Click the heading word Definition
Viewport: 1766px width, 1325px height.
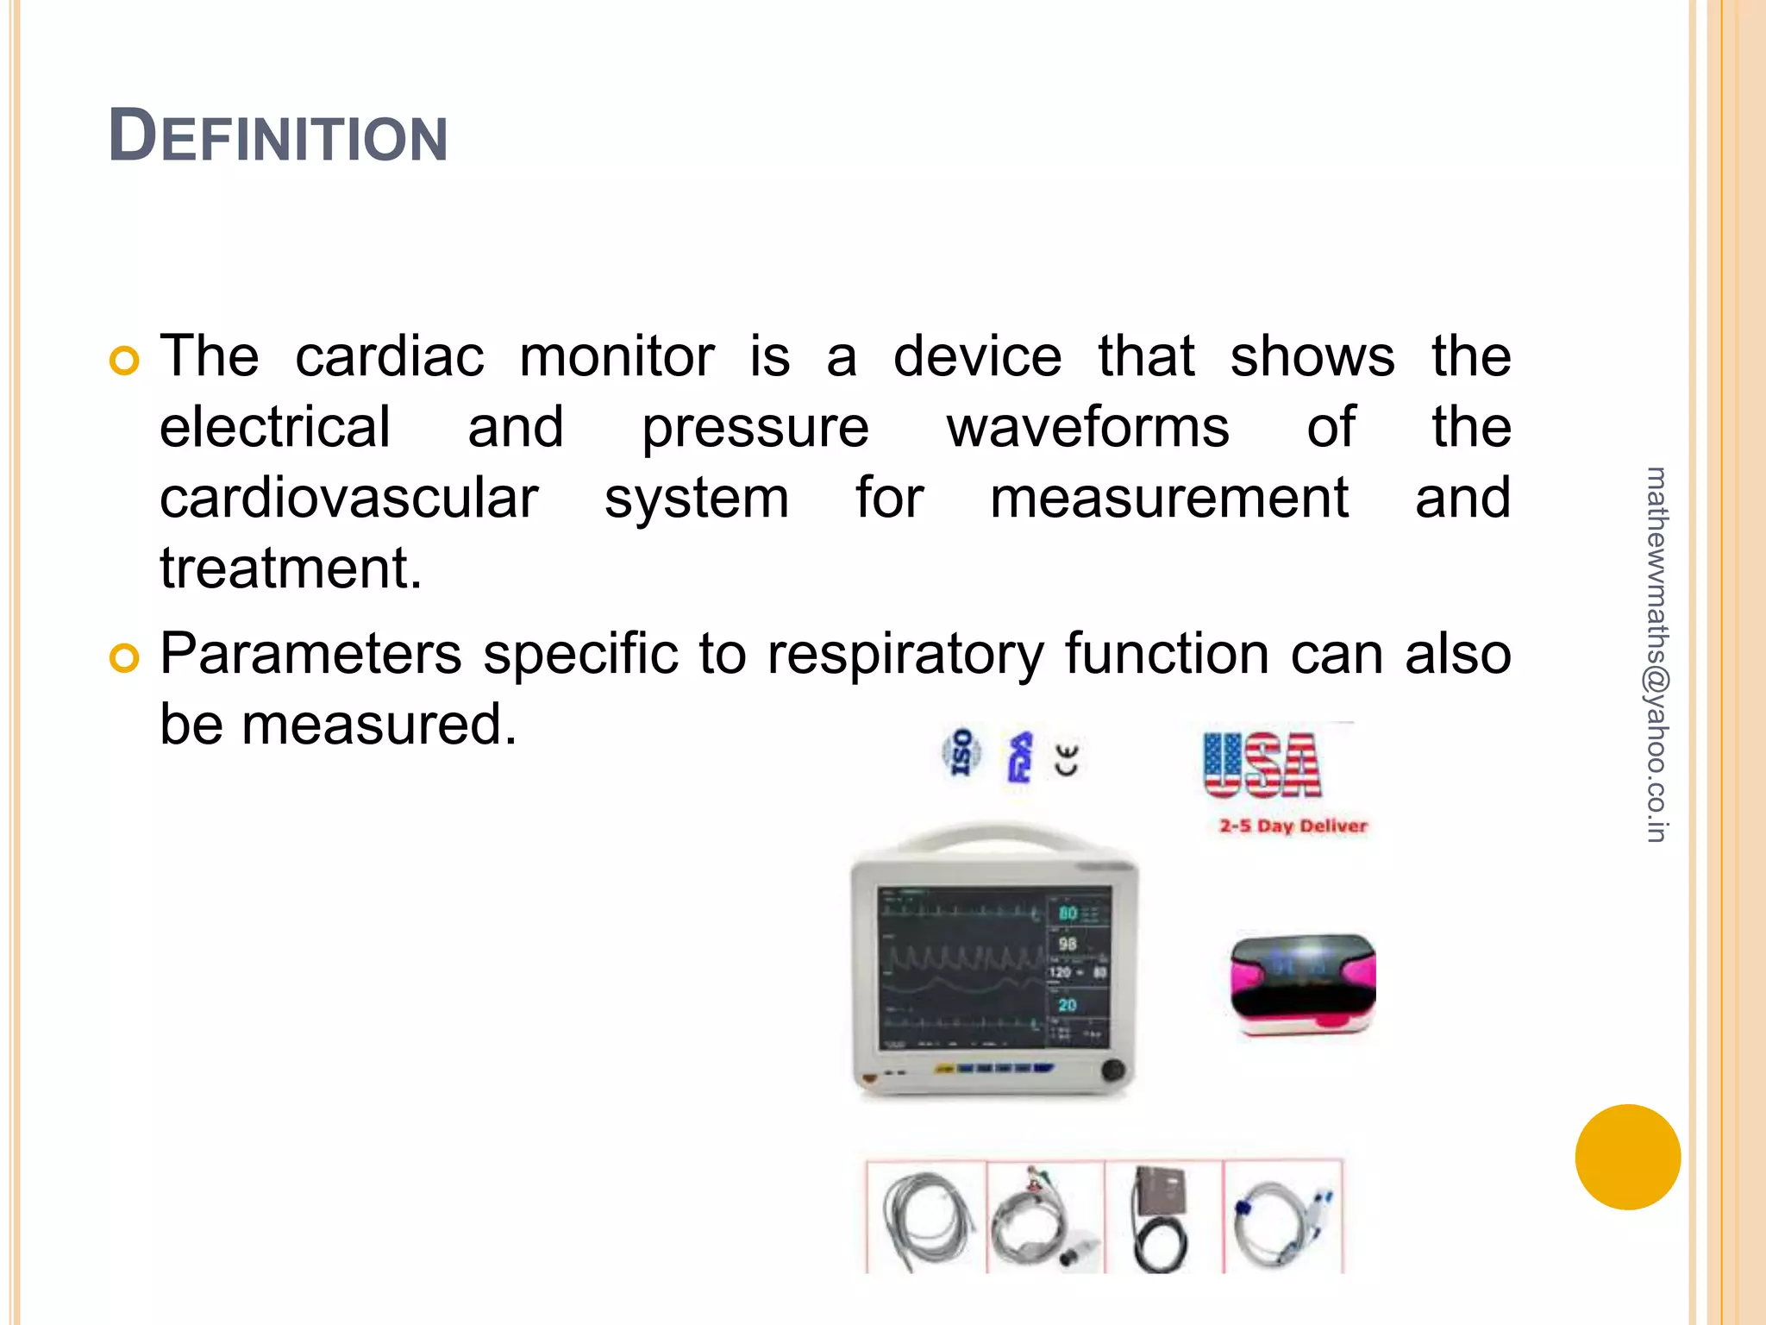(x=278, y=136)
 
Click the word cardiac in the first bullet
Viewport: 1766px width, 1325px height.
(x=389, y=356)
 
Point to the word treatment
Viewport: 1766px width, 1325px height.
(x=291, y=568)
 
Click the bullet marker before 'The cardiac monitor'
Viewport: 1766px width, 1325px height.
(x=125, y=361)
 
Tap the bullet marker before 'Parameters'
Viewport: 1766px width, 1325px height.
(x=125, y=658)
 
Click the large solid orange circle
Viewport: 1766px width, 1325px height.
(x=1627, y=1157)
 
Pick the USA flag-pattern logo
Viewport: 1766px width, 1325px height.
(x=1262, y=765)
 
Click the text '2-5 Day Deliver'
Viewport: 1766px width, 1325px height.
(x=1293, y=826)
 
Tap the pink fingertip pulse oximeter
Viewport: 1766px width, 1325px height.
(x=1302, y=983)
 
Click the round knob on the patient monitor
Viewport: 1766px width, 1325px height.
(x=1112, y=1071)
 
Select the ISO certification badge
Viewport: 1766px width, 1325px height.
(x=961, y=752)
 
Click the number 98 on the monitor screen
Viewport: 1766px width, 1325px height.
(x=1068, y=944)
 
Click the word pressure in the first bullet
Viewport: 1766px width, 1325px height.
(x=755, y=429)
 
